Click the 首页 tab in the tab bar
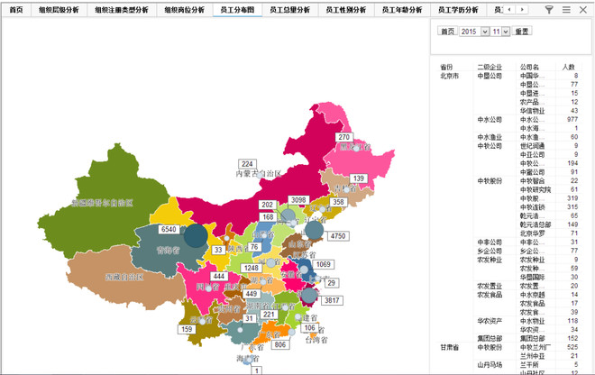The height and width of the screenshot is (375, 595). pyautogui.click(x=16, y=10)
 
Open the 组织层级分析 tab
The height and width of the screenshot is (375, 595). pyautogui.click(x=57, y=10)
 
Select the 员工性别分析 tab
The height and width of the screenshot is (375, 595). pyautogui.click(x=346, y=10)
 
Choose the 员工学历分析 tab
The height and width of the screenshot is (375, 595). pyautogui.click(x=456, y=10)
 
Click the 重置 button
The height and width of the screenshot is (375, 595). pyautogui.click(x=521, y=31)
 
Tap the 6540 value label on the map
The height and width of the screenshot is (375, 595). pyautogui.click(x=168, y=230)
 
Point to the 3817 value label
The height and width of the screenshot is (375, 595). pyautogui.click(x=331, y=300)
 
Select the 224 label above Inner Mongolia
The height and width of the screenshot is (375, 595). pyautogui.click(x=247, y=163)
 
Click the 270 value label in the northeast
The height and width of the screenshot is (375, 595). pyautogui.click(x=343, y=137)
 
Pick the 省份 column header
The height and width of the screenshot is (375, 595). pyautogui.click(x=446, y=67)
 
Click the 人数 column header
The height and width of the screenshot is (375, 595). pyautogui.click(x=569, y=67)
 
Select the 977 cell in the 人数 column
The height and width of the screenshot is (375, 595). pyautogui.click(x=572, y=119)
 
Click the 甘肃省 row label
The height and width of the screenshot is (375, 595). pyautogui.click(x=449, y=347)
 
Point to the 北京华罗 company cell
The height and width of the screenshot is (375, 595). pyautogui.click(x=531, y=233)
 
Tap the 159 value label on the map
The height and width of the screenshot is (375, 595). pyautogui.click(x=188, y=329)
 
